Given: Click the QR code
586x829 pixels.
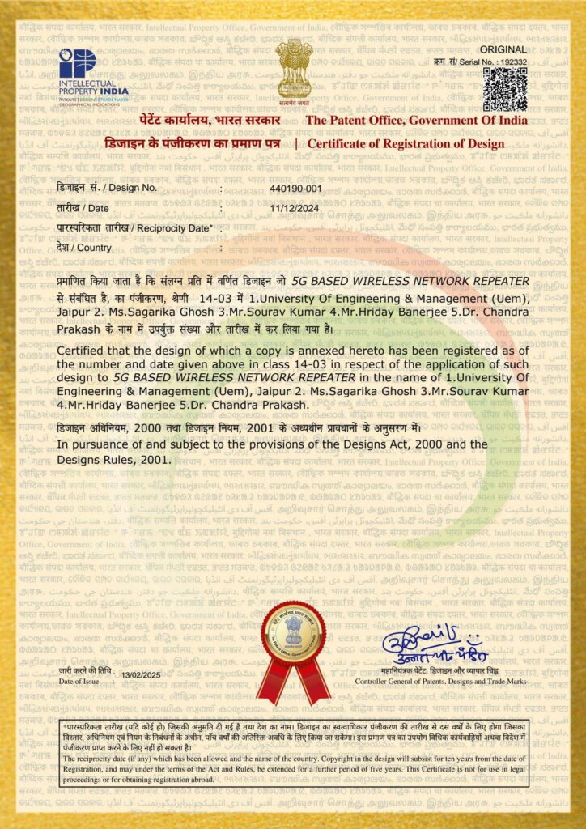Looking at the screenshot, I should pyautogui.click(x=505, y=88).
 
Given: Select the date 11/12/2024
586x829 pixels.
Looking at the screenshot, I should pyautogui.click(x=294, y=208).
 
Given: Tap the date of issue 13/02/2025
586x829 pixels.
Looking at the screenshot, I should pyautogui.click(x=141, y=674).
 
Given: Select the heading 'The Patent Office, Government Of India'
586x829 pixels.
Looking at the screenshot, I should pyautogui.click(x=416, y=121).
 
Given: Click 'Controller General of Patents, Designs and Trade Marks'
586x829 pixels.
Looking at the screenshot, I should pyautogui.click(x=441, y=682).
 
